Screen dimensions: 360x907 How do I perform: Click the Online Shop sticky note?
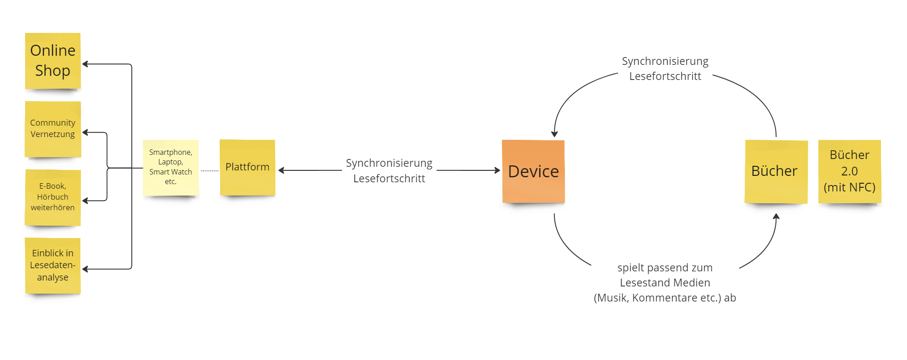[53, 61]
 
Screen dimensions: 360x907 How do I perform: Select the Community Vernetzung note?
[53, 129]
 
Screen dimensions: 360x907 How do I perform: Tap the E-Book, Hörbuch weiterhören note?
[53, 197]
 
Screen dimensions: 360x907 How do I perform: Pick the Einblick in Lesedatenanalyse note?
[53, 265]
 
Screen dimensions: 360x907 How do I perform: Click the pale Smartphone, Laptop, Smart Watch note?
[171, 167]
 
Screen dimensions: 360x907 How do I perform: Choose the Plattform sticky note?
[248, 167]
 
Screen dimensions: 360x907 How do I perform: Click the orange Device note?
[533, 171]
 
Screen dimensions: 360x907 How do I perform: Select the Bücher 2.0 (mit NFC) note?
[849, 171]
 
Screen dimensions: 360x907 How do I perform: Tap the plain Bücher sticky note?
[776, 171]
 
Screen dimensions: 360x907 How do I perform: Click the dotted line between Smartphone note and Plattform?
[210, 171]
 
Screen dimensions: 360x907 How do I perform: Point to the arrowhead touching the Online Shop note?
[85, 64]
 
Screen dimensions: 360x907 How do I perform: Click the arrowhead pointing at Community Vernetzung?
[85, 133]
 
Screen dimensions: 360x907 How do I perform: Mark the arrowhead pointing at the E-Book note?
[85, 201]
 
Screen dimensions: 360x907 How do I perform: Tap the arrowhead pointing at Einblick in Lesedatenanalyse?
[85, 270]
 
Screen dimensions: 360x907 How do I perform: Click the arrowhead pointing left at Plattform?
[281, 170]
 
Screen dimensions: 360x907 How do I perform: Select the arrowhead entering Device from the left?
[497, 170]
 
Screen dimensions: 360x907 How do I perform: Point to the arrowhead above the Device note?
[554, 134]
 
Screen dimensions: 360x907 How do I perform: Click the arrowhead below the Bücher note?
[776, 217]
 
